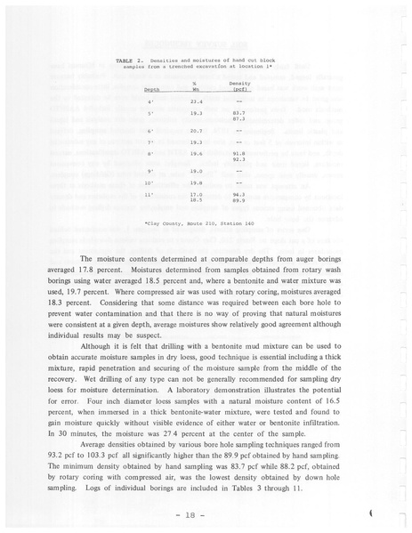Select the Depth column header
(x=151, y=91)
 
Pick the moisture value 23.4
(x=197, y=102)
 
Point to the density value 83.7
(x=238, y=113)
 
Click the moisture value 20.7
(x=197, y=131)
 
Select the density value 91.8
(x=238, y=153)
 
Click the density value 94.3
(x=238, y=193)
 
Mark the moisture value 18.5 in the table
(x=197, y=199)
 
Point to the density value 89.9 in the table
(x=238, y=199)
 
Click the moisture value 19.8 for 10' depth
(x=197, y=182)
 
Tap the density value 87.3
(x=238, y=119)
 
